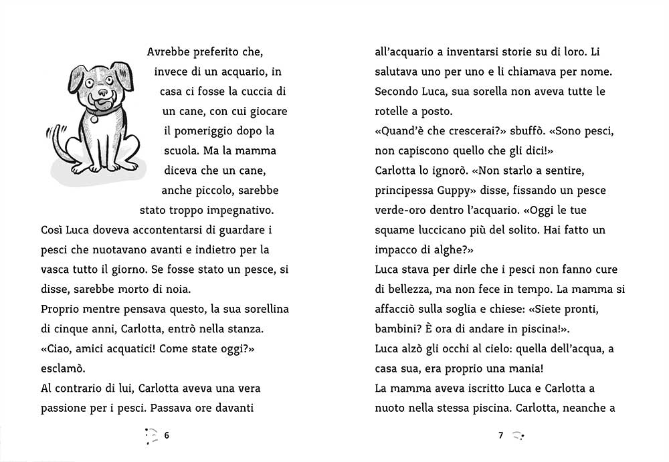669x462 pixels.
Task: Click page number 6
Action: (167, 435)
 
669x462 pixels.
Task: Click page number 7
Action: (500, 435)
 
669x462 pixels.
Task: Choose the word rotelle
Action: (395, 110)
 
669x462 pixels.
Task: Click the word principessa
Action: (405, 189)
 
